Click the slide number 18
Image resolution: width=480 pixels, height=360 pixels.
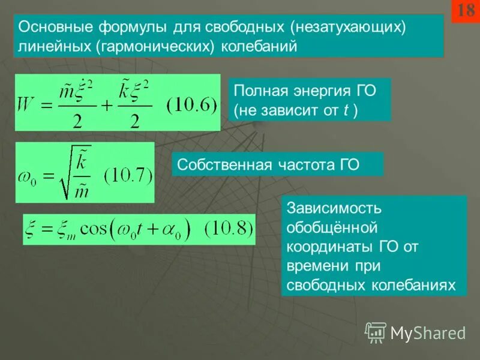point(466,11)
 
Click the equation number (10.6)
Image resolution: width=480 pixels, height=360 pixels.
point(191,105)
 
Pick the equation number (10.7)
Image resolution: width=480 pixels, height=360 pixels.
point(129,176)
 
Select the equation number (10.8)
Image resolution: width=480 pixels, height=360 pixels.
point(228,229)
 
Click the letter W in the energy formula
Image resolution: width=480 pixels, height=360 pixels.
point(29,105)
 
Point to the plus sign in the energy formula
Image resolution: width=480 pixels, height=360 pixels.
point(107,106)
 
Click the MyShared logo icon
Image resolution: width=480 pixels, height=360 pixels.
point(376,332)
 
